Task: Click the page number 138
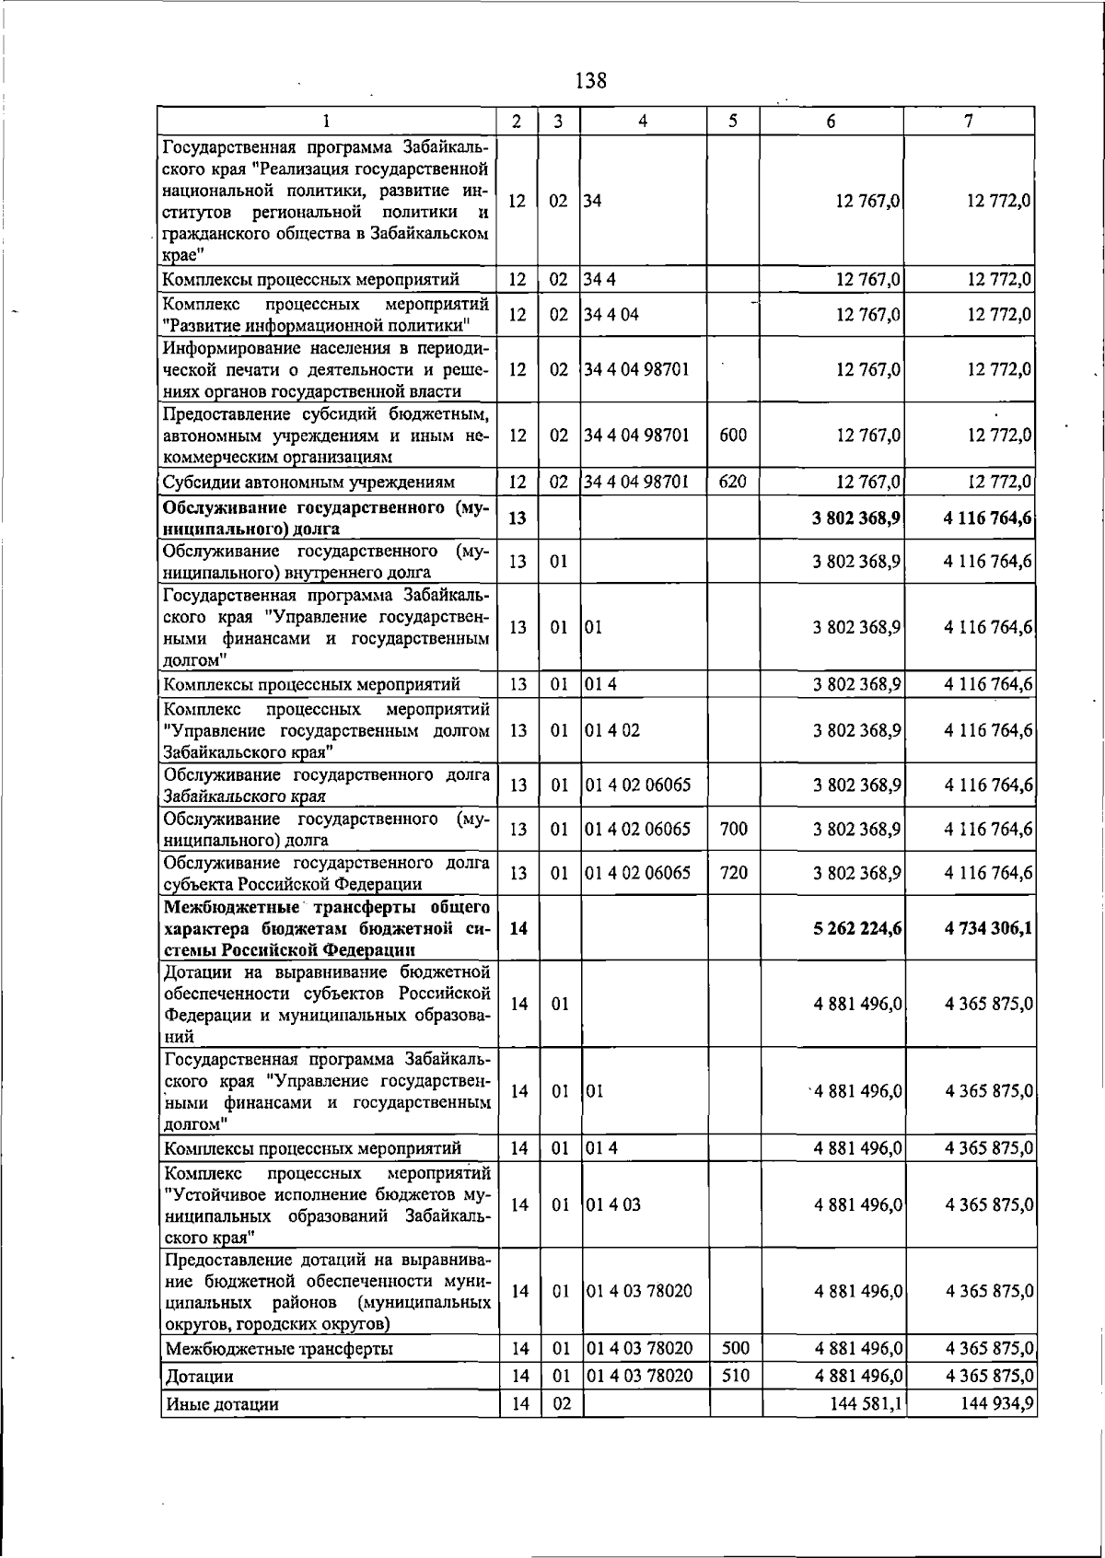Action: click(590, 80)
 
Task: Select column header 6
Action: click(831, 122)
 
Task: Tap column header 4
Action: click(643, 121)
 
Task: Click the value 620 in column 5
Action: click(732, 481)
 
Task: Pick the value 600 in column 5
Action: click(732, 435)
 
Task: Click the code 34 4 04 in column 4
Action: click(611, 314)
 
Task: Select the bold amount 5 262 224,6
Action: click(856, 928)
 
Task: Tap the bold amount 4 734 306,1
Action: click(987, 928)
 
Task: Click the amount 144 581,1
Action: click(857, 1403)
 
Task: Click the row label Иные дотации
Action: click(221, 1404)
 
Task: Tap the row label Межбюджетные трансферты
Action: click(279, 1349)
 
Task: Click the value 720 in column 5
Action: click(733, 872)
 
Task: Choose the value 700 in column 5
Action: click(733, 829)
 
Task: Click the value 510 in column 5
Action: click(735, 1376)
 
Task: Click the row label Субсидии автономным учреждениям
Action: click(308, 482)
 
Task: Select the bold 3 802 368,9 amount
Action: click(856, 517)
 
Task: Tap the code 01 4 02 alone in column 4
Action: click(612, 730)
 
